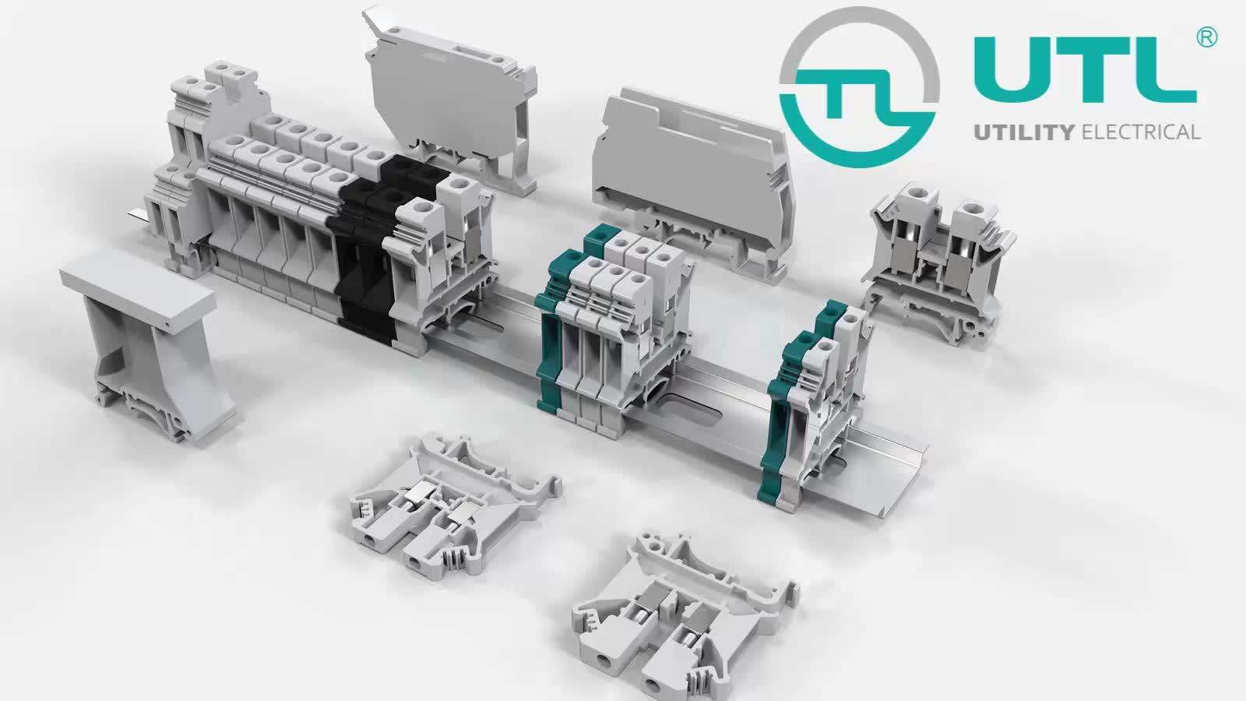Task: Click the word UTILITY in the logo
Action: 1025,132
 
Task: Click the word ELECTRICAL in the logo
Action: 1142,132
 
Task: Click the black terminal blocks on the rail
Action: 366,249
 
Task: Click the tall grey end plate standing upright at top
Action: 452,101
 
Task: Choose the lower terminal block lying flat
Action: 685,615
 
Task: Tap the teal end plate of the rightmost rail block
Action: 783,405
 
